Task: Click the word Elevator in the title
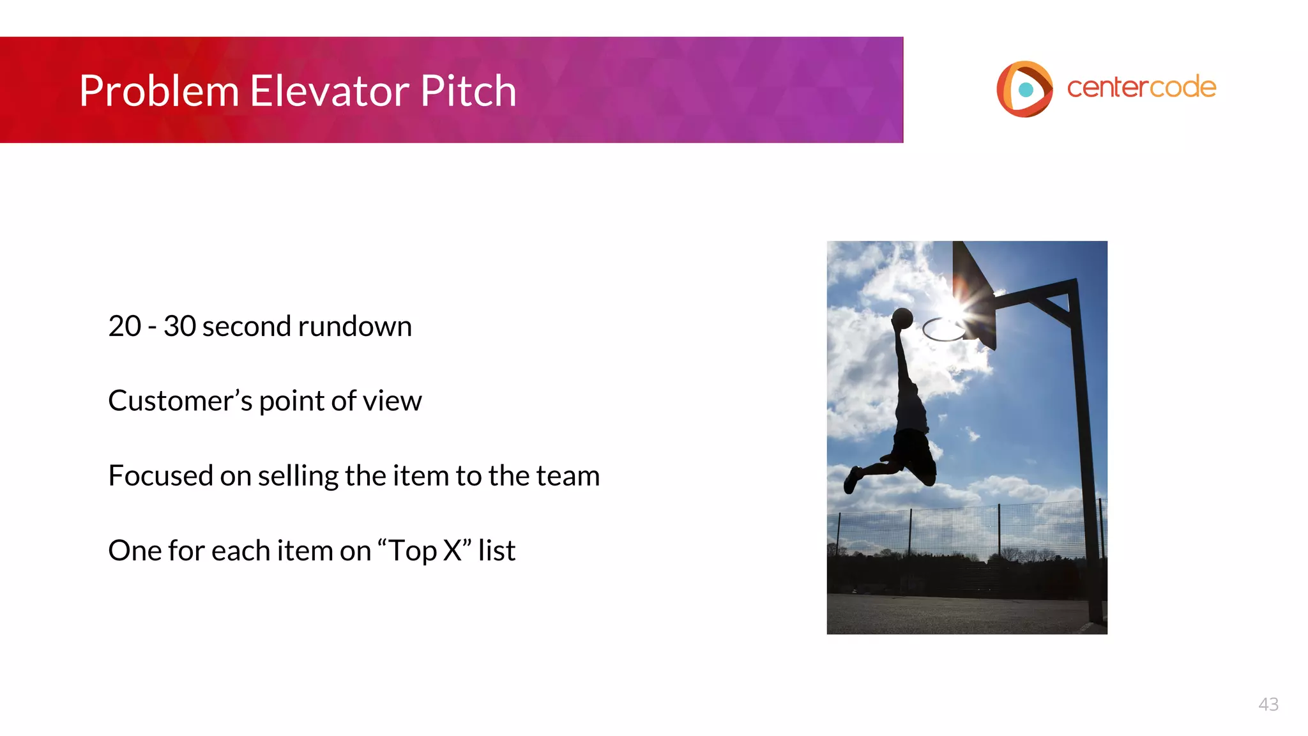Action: [330, 91]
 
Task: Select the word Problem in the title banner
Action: [160, 91]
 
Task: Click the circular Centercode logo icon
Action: [1024, 89]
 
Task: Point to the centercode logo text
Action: [1141, 88]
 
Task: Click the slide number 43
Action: [1268, 704]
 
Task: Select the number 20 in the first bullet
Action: [125, 326]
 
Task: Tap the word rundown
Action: [354, 326]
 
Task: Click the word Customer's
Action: [180, 401]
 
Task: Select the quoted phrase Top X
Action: [425, 551]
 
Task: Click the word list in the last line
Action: [496, 551]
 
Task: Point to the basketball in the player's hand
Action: [902, 318]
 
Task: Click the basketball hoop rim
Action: [943, 330]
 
